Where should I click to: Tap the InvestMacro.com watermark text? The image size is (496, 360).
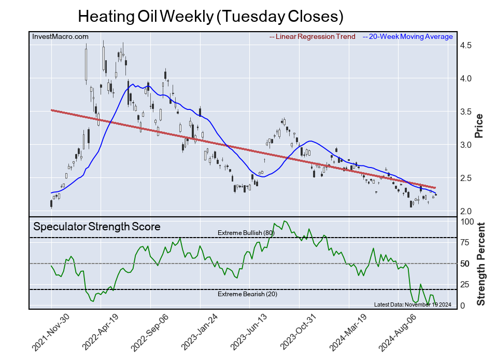pos(60,37)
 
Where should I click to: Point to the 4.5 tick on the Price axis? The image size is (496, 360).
pos(465,46)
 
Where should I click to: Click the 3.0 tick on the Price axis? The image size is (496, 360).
pos(465,145)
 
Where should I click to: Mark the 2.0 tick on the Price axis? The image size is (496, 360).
pos(465,212)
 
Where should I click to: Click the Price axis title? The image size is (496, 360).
pos(479,126)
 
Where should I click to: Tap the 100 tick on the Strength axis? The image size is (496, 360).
pos(467,221)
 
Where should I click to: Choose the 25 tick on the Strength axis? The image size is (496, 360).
pos(465,285)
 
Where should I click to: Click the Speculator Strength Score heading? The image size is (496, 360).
pos(97,227)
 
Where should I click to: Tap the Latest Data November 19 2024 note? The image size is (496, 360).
pos(413,304)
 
